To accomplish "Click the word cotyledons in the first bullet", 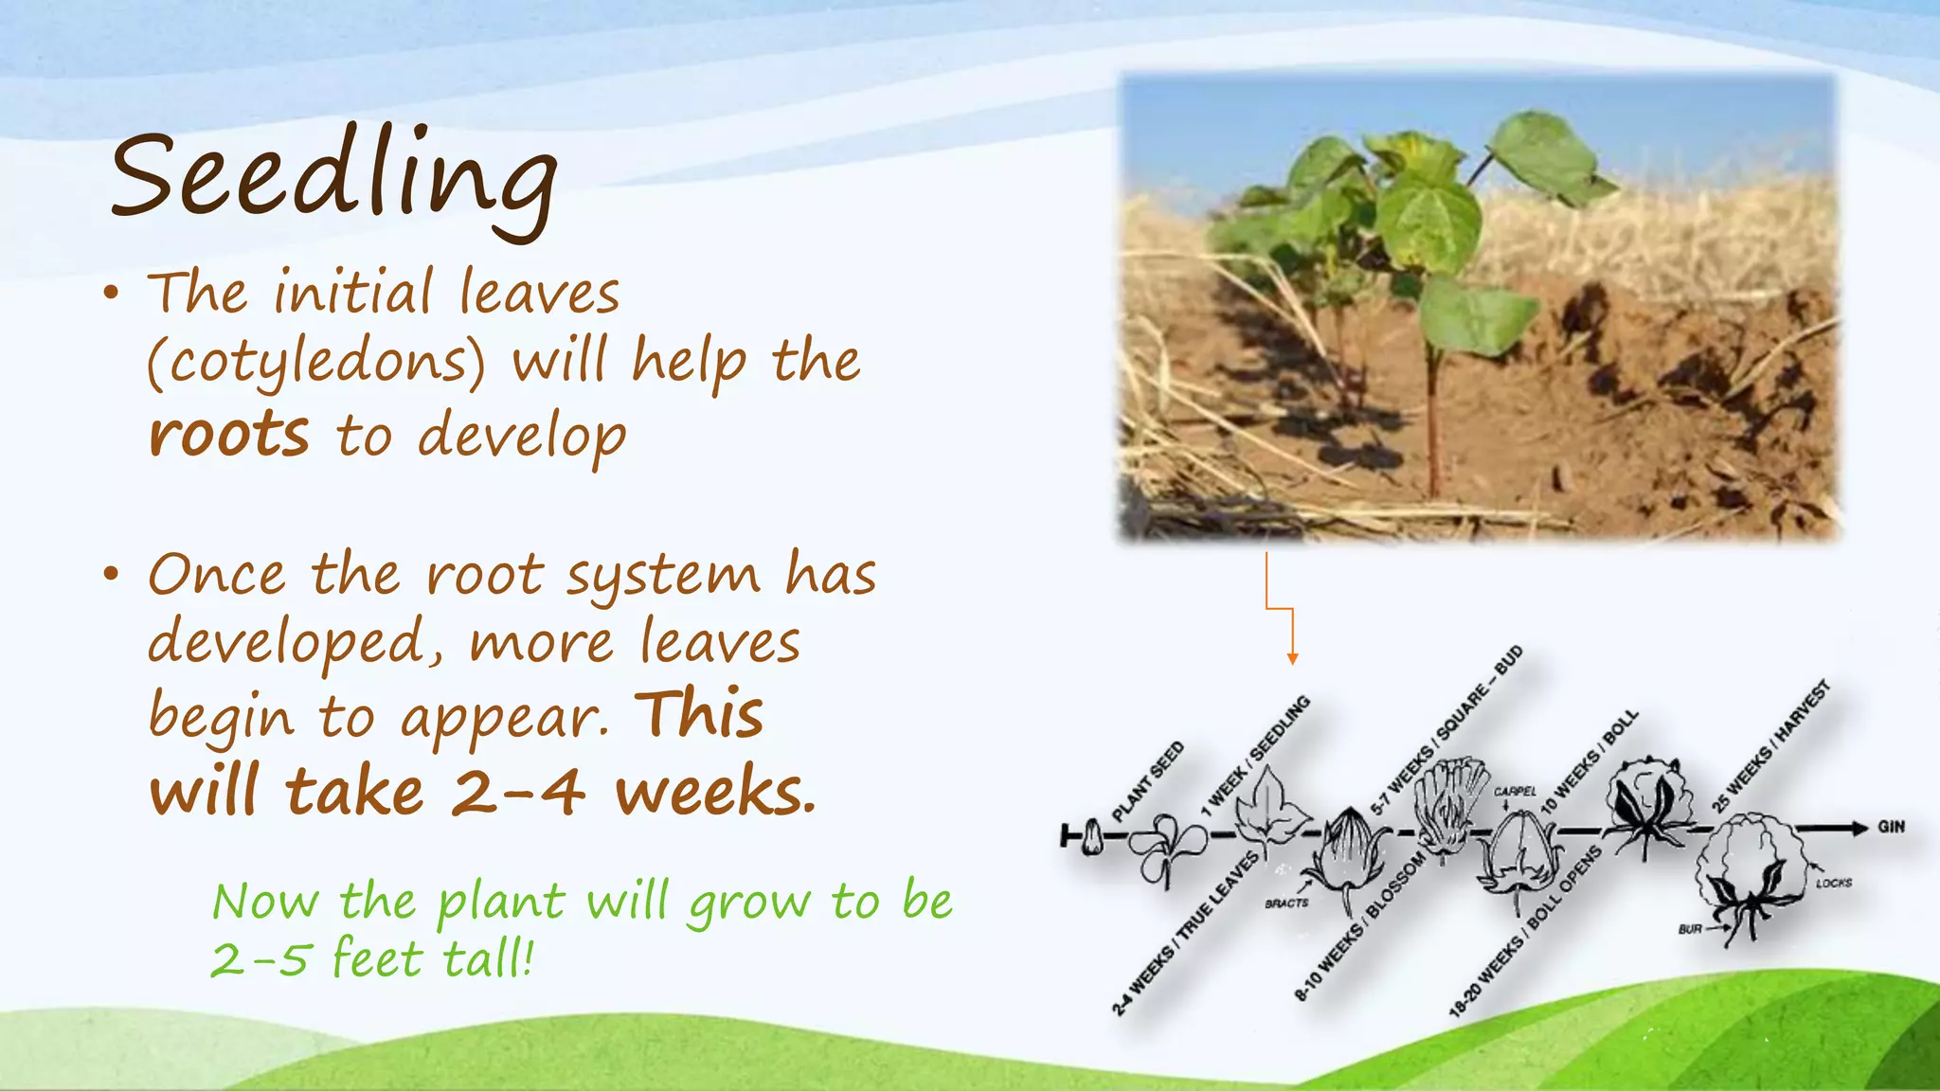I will point(316,363).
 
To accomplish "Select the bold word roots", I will point(229,436).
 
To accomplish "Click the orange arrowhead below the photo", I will point(1292,658).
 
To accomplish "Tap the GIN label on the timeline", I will point(1891,827).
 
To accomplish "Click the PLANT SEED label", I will point(1147,782).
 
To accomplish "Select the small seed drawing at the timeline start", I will point(1092,837).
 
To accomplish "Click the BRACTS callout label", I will point(1286,903).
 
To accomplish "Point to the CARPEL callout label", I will point(1515,792).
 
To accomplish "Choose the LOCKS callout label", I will point(1834,883).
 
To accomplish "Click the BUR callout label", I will point(1690,929).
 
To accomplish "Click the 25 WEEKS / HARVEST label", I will point(1770,747).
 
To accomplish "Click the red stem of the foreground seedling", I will point(1432,417).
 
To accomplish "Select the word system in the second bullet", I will point(663,575).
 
